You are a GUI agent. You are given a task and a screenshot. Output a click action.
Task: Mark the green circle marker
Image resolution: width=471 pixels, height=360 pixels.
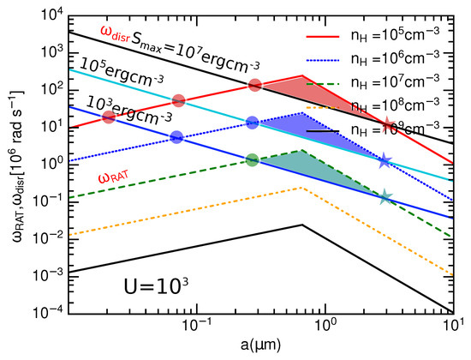click(x=253, y=159)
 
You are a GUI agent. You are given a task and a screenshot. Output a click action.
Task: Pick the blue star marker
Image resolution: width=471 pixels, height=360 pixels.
click(x=385, y=161)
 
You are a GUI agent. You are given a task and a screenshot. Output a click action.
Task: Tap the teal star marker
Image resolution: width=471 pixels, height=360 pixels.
click(x=385, y=197)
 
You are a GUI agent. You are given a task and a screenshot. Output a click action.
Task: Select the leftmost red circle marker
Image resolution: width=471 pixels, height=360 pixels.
click(x=109, y=117)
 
